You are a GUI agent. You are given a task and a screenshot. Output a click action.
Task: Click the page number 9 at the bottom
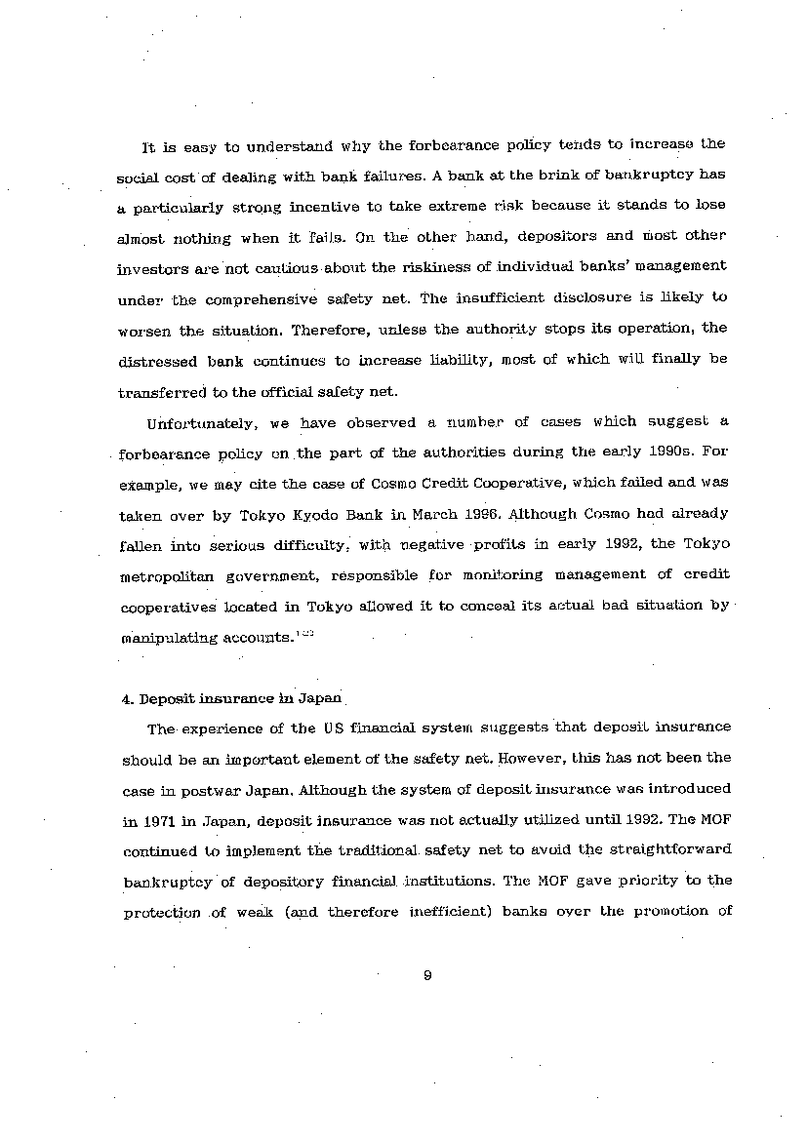point(427,975)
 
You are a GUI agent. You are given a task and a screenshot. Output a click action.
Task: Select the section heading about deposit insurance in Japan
point(240,698)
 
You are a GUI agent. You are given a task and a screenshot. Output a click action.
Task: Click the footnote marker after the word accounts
point(305,634)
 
